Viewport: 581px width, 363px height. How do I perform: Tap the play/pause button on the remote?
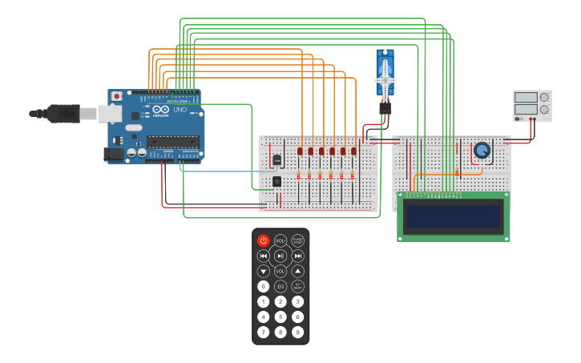click(x=280, y=256)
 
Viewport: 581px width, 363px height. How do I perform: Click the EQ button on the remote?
click(x=280, y=286)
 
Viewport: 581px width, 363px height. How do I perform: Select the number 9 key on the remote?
click(x=297, y=332)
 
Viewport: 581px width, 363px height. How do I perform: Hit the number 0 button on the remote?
click(x=263, y=286)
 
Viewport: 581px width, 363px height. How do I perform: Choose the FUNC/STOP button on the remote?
click(x=297, y=240)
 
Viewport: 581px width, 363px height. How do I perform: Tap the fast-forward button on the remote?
click(x=297, y=256)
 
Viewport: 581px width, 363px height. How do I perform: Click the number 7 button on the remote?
click(x=263, y=332)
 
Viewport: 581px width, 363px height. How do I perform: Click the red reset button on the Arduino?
click(x=117, y=96)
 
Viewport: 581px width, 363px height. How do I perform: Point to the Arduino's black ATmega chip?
click(x=172, y=142)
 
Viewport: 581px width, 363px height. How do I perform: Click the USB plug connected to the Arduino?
click(x=64, y=114)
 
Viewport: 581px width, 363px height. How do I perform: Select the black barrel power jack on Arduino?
click(x=114, y=153)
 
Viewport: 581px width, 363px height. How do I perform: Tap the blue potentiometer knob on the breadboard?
click(x=482, y=150)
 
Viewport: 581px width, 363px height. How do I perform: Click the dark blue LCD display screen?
click(x=454, y=216)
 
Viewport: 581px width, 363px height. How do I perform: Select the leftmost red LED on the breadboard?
click(x=300, y=151)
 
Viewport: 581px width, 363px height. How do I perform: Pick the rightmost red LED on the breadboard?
click(x=353, y=151)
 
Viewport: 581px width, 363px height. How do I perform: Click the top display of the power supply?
click(x=525, y=98)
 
